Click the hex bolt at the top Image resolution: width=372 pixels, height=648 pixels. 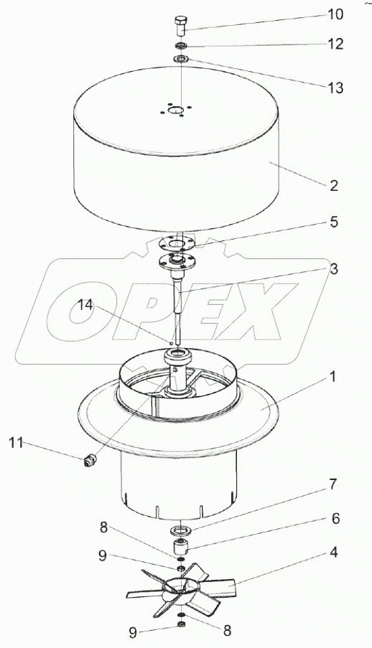(181, 27)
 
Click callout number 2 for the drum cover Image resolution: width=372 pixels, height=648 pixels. (334, 186)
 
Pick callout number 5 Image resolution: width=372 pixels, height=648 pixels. (334, 222)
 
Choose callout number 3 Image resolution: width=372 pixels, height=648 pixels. (334, 269)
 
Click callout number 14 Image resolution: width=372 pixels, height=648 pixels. (86, 306)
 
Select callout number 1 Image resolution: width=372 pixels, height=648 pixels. (333, 377)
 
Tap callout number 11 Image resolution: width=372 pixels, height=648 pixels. (16, 443)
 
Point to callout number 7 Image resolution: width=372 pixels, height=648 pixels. (333, 484)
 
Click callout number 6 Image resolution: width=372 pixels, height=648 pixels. (335, 518)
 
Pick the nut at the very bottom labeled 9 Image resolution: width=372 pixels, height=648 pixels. (181, 623)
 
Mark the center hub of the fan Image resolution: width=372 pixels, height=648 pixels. (179, 588)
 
